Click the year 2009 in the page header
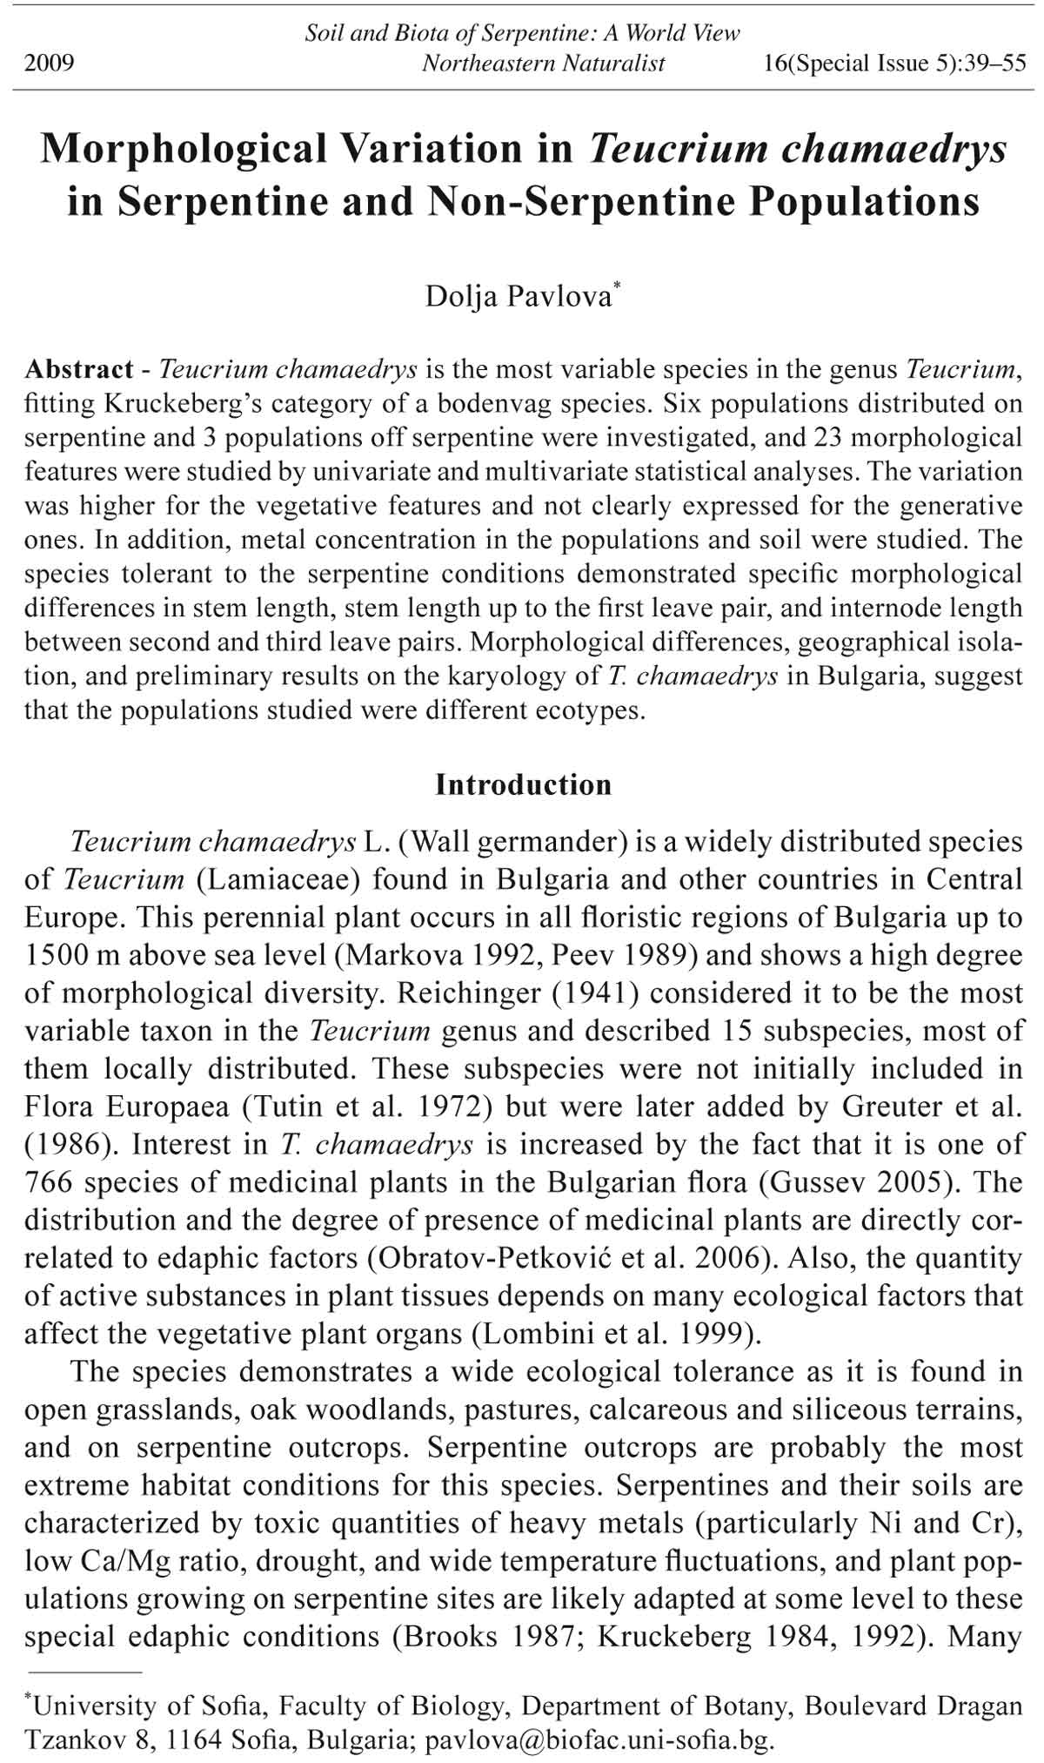50,64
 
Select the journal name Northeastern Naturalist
543,64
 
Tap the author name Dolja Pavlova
519,297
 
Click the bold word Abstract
78,369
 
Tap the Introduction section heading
523,784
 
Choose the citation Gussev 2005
860,1182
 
